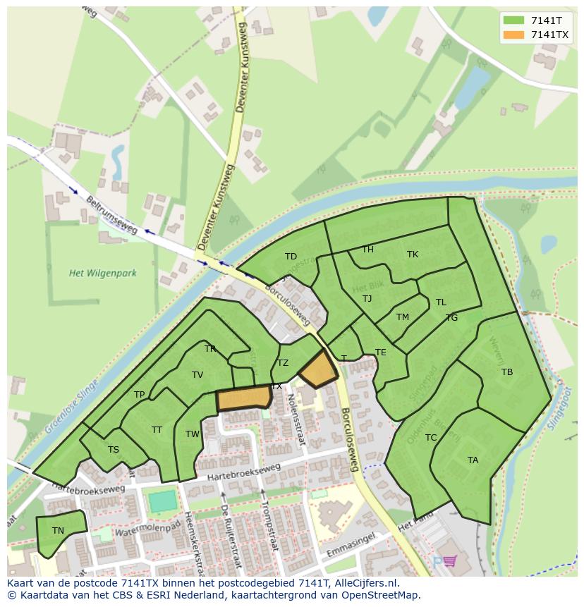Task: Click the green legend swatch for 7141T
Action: coord(514,20)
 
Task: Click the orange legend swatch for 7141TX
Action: coord(514,34)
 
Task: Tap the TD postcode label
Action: coord(291,257)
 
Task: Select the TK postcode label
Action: coord(413,255)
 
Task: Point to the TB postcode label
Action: coord(507,372)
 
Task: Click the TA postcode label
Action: coord(473,460)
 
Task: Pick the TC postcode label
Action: coord(431,438)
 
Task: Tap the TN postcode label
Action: coord(58,531)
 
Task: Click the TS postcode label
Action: coord(114,450)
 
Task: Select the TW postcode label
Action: coord(193,434)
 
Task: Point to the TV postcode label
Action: coord(197,375)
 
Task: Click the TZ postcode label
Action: coord(283,363)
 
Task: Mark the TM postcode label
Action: coord(403,317)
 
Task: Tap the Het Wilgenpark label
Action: coord(103,273)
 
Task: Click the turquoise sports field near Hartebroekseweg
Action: coord(163,501)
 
